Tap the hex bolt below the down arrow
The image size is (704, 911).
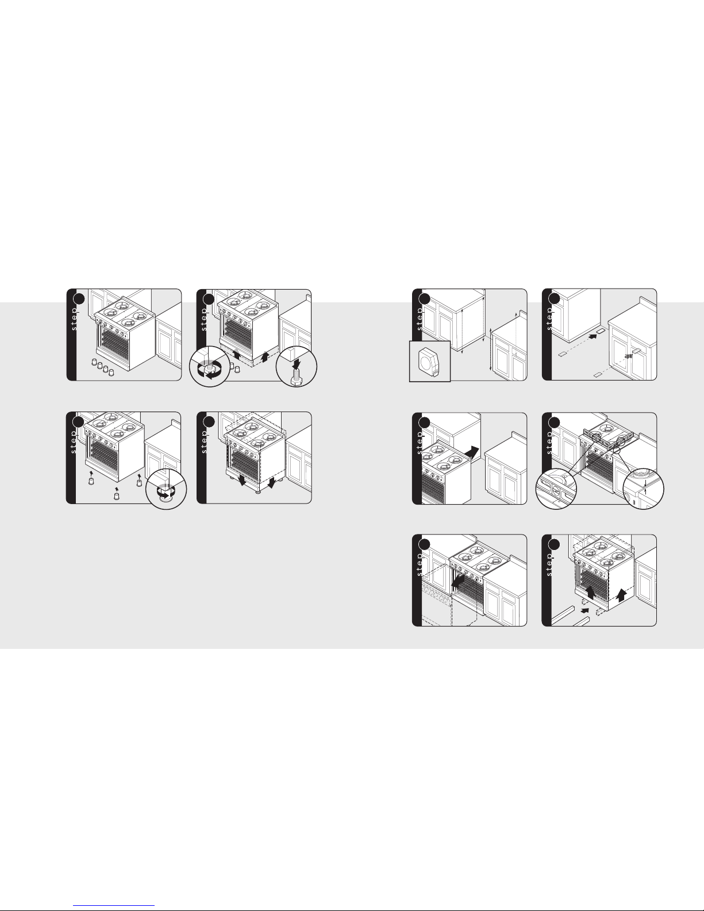(x=297, y=377)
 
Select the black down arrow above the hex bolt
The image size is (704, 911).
(x=297, y=362)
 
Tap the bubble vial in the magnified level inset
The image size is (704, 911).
(x=556, y=490)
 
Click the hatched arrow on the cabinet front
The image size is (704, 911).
(x=628, y=356)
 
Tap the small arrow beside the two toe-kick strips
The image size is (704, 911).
(x=584, y=610)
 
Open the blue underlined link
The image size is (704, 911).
(x=114, y=904)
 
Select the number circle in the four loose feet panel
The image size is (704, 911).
(x=79, y=298)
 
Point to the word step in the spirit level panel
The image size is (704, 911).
(x=549, y=443)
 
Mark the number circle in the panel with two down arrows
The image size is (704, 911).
(x=209, y=422)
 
